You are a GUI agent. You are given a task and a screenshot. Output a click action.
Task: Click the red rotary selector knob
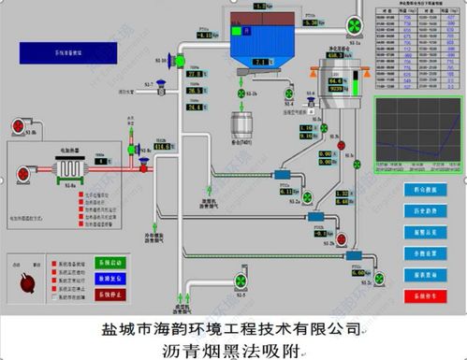(x=27, y=278)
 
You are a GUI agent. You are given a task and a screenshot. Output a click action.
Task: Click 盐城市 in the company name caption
(x=119, y=329)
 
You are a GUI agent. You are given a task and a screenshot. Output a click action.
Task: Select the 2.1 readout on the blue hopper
(x=259, y=61)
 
